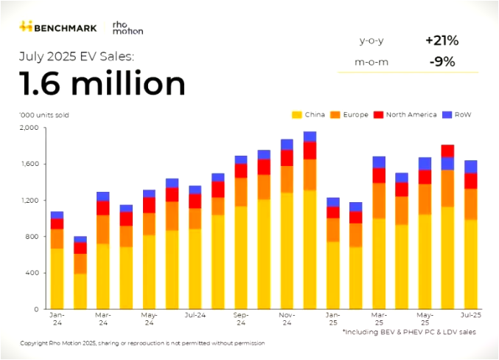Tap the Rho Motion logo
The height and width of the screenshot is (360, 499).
pyautogui.click(x=127, y=27)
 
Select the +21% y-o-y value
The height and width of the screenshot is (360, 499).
pyautogui.click(x=442, y=41)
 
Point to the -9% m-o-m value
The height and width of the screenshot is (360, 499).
pyautogui.click(x=442, y=61)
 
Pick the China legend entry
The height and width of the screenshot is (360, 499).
pyautogui.click(x=309, y=114)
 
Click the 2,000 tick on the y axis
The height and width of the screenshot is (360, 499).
pyautogui.click(x=27, y=128)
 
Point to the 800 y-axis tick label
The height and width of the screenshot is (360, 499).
pyautogui.click(x=30, y=237)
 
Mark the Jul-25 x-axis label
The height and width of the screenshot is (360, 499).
pyautogui.click(x=470, y=315)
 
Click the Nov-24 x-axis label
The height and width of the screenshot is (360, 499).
pyautogui.click(x=287, y=319)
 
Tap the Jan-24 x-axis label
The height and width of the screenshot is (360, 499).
pyautogui.click(x=57, y=319)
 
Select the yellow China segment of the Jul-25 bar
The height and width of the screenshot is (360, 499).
pyautogui.click(x=470, y=264)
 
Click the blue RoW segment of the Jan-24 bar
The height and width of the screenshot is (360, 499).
pyautogui.click(x=57, y=215)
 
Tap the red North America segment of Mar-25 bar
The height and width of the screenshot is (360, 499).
pyautogui.click(x=379, y=176)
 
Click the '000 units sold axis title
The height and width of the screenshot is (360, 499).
pyautogui.click(x=40, y=114)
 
